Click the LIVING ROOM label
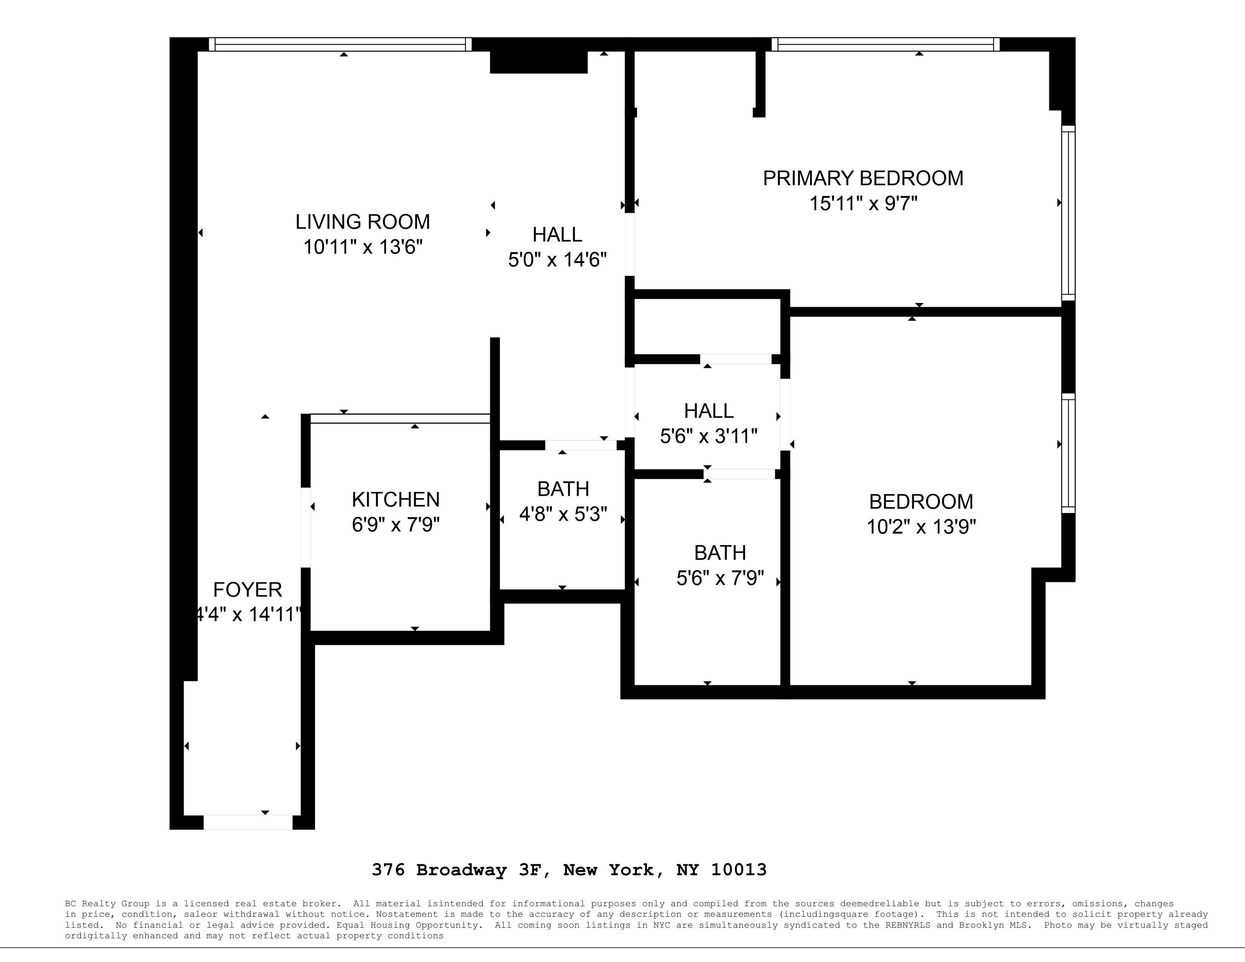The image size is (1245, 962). click(363, 222)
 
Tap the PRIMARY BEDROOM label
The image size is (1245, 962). click(863, 178)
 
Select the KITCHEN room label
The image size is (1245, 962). click(396, 500)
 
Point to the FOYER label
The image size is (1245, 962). click(247, 589)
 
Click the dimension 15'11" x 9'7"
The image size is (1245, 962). click(863, 203)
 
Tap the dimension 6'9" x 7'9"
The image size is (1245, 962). click(396, 524)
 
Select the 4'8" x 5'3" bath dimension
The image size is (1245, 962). click(563, 514)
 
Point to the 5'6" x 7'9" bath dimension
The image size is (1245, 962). click(720, 578)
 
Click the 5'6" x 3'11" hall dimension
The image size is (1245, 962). click(709, 436)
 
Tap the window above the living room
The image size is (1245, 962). click(340, 45)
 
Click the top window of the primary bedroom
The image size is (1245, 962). click(886, 45)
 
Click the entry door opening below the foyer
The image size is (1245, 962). click(248, 822)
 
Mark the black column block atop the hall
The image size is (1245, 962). click(539, 62)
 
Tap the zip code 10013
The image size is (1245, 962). click(739, 870)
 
